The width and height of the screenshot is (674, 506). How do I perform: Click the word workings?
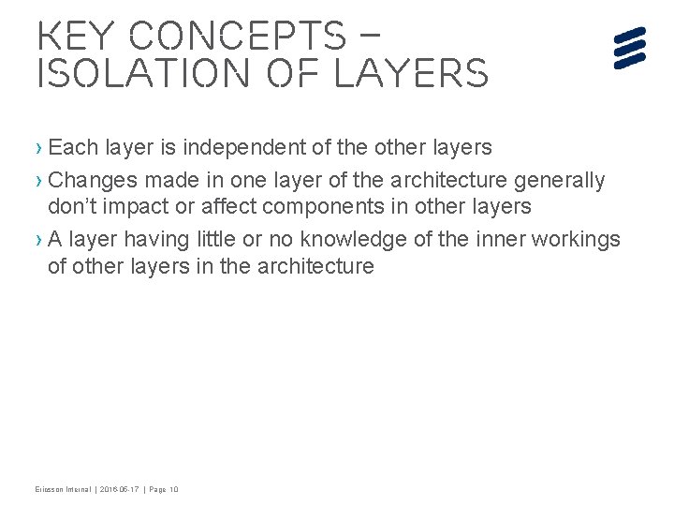pos(574,238)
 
